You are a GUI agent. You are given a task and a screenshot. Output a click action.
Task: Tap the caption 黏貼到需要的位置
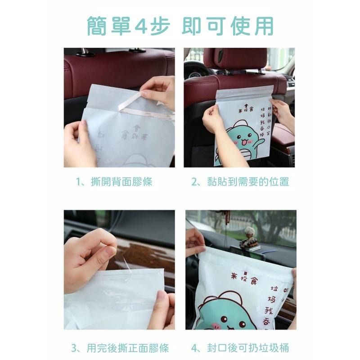(240, 182)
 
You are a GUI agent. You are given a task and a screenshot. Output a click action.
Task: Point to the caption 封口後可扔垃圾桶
(240, 347)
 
